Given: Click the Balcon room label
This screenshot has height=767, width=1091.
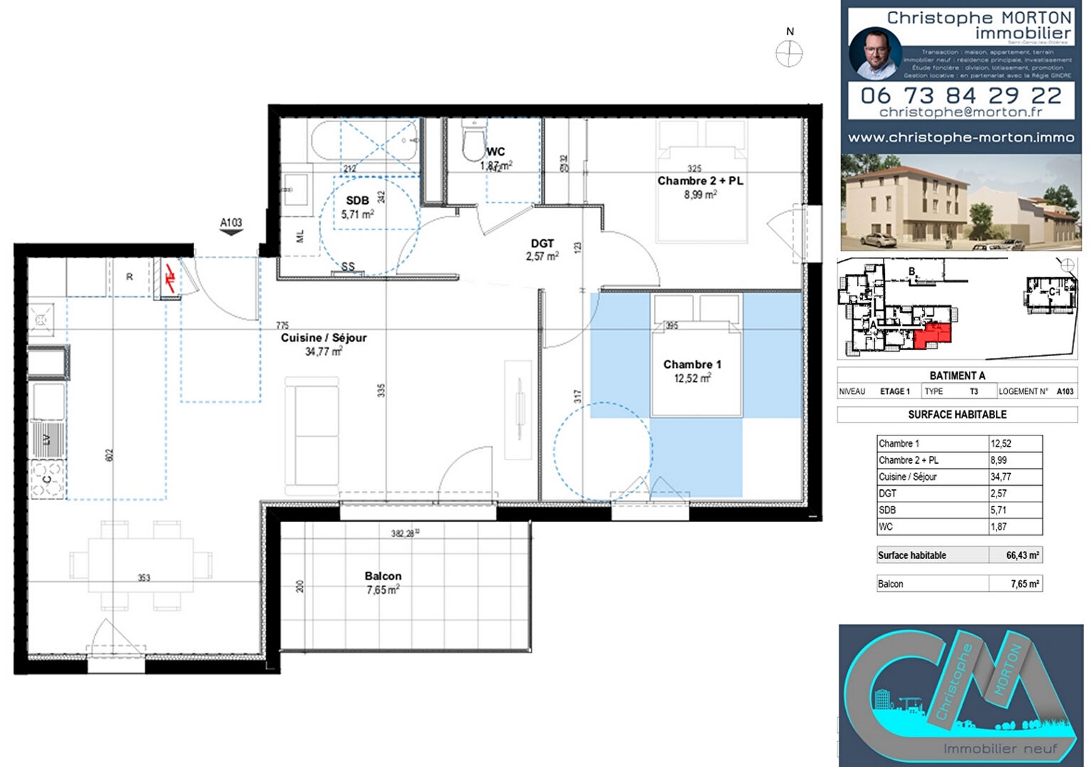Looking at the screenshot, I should pos(383,576).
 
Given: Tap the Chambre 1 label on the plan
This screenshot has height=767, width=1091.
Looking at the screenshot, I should pos(692,364).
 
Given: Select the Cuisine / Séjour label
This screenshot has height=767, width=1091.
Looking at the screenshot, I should pos(323,338).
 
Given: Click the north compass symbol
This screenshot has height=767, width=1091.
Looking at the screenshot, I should pos(788,54).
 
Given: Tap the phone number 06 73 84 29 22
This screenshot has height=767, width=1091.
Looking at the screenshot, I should pos(960,95).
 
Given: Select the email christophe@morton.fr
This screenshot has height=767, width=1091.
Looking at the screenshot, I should pos(960,112).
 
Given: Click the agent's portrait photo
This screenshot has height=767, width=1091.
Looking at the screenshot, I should pos(875,53).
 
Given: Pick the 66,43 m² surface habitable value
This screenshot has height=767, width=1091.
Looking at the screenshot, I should pos(1022,555).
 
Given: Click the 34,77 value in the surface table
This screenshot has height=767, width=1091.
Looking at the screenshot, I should pos(1001,477).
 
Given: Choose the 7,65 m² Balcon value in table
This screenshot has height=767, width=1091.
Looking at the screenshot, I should pos(1024,584).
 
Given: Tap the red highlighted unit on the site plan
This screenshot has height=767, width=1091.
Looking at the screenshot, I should pos(930,334).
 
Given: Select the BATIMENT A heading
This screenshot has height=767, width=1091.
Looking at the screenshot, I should pos(957,376).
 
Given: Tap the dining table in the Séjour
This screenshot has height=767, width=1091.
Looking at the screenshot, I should pos(141,565).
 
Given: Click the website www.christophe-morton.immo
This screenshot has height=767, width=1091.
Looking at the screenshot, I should pos(960,138).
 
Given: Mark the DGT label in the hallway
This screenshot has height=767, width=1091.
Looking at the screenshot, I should pos(542,244).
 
